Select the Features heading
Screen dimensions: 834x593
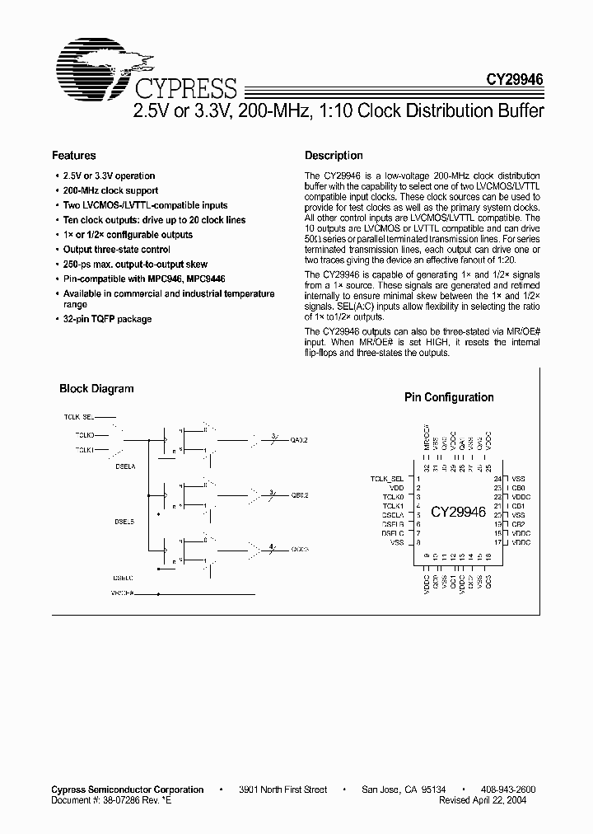[73, 155]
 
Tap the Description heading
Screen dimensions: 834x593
[334, 155]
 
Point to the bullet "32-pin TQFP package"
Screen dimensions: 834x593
[107, 319]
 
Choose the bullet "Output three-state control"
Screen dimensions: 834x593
[116, 249]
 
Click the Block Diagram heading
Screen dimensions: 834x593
[96, 389]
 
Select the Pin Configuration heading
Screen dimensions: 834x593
[449, 397]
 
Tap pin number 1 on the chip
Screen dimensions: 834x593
[418, 479]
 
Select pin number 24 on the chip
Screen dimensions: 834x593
[497, 479]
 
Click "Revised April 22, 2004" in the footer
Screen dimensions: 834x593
[483, 799]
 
